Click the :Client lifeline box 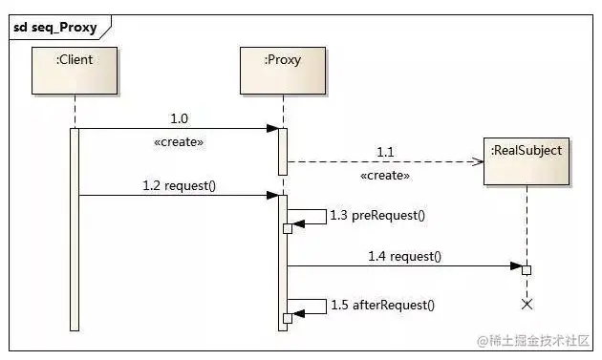pyautogui.click(x=75, y=71)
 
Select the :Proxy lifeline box pyautogui.click(x=283, y=71)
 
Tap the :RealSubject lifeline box pyautogui.click(x=527, y=161)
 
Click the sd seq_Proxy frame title pyautogui.click(x=54, y=28)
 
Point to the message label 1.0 pyautogui.click(x=179, y=118)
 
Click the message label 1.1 pyautogui.click(x=385, y=153)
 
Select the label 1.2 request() pyautogui.click(x=179, y=186)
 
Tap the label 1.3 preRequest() pyautogui.click(x=377, y=215)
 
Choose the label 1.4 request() pyautogui.click(x=404, y=256)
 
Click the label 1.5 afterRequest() pyautogui.click(x=382, y=306)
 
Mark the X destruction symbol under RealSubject pyautogui.click(x=527, y=305)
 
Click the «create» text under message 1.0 pyautogui.click(x=179, y=142)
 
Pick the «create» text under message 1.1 pyautogui.click(x=385, y=176)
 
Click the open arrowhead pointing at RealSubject pyautogui.click(x=478, y=161)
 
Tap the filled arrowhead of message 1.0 pyautogui.click(x=272, y=128)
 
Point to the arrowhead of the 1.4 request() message pyautogui.click(x=516, y=265)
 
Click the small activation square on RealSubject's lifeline pyautogui.click(x=527, y=270)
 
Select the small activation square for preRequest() pyautogui.click(x=288, y=229)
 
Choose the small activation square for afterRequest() pyautogui.click(x=288, y=319)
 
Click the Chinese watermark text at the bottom pyautogui.click(x=533, y=341)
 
